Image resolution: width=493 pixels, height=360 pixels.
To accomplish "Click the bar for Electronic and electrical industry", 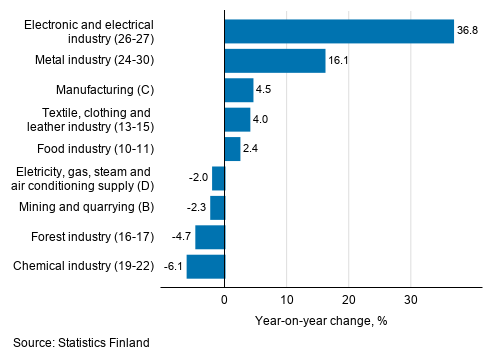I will (339, 31).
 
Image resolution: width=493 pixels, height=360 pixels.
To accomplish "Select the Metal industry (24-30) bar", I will (275, 61).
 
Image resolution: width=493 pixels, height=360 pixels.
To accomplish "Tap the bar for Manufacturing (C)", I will (239, 90).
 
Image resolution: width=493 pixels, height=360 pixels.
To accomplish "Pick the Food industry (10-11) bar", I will (232, 149).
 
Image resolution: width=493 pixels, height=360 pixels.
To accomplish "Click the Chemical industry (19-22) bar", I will (206, 267).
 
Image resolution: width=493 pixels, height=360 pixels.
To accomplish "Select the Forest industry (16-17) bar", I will (210, 237).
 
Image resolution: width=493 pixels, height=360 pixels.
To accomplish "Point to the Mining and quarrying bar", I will (218, 208).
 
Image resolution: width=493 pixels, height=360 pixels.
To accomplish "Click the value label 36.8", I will (468, 31).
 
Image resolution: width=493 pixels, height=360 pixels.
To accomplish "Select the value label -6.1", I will (172, 267).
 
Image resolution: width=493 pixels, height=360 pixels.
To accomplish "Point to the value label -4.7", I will (181, 237).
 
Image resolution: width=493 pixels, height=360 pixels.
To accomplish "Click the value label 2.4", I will (253, 149).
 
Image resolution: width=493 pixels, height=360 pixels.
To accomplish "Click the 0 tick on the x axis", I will (225, 299).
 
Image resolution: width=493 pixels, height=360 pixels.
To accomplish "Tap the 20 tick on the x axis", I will (349, 299).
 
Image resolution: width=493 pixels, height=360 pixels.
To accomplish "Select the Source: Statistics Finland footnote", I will (81, 343).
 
